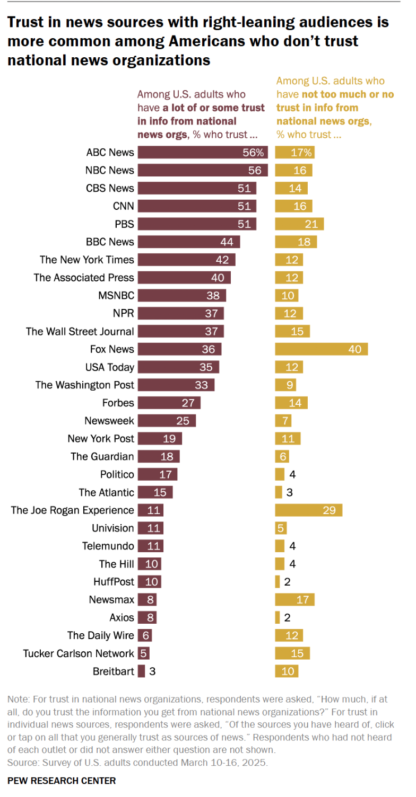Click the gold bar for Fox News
pos(321,349)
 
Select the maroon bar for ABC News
pos(202,153)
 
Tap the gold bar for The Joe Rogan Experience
pos(308,510)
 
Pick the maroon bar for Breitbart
pos(141,671)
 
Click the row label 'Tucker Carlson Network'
pos(79,653)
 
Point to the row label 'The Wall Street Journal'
pos(80,331)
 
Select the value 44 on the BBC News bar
pos(227,242)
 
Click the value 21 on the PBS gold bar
pos(311,224)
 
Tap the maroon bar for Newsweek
pos(167,421)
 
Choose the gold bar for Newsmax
pos(294,600)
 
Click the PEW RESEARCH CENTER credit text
pos(62,781)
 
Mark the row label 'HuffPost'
pos(114,582)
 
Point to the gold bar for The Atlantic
pos(279,492)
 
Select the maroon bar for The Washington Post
pos(176,385)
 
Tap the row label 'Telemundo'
pos(108,546)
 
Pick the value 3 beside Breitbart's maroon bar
pos(152,671)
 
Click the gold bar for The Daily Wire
pos(289,635)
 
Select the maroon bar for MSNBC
pos(182,296)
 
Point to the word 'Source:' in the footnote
pos(22,762)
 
